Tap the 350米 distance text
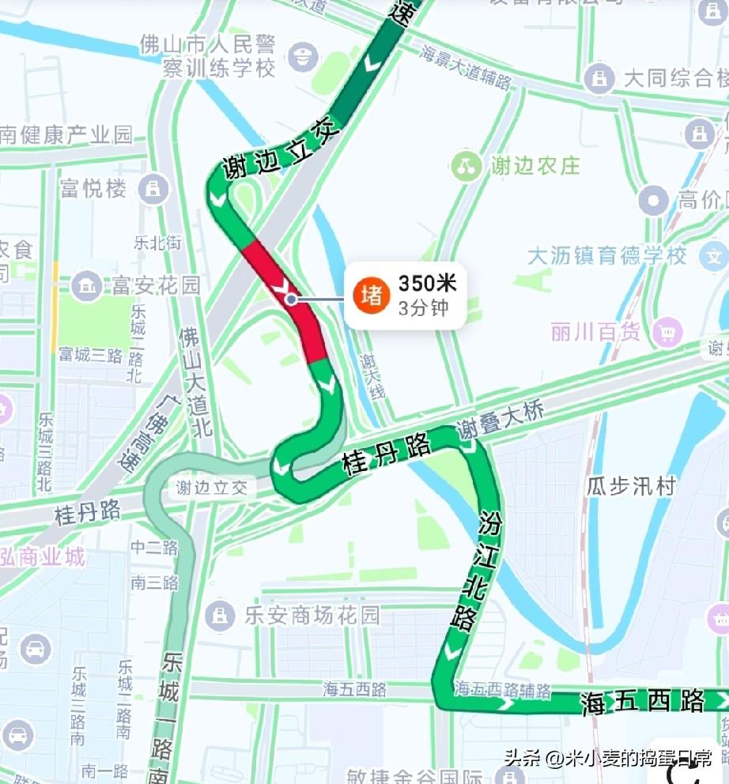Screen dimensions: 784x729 coord(427,283)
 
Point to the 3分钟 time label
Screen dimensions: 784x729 coord(423,307)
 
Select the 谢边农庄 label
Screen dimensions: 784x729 coord(535,165)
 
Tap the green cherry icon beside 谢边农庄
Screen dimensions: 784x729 coord(466,165)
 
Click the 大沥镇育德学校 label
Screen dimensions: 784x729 coord(607,257)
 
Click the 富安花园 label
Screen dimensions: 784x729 coord(156,285)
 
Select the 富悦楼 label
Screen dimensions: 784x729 coord(93,188)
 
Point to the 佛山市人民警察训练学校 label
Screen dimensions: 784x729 coord(208,55)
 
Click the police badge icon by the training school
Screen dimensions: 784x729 coord(303,57)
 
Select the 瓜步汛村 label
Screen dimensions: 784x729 coord(631,485)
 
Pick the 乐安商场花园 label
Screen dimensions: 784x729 coord(312,615)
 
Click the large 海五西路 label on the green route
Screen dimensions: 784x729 coord(642,701)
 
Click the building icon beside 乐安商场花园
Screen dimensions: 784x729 coord(219,614)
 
